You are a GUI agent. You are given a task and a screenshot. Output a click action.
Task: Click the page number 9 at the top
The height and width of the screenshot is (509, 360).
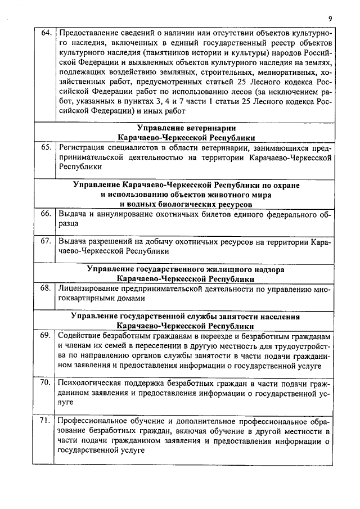(330, 18)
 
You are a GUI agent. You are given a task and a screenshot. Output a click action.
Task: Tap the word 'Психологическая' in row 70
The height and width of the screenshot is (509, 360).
(91, 383)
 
